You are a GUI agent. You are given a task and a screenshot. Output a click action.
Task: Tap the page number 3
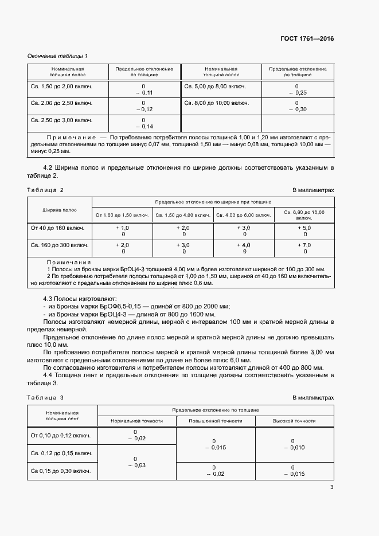click(x=331, y=487)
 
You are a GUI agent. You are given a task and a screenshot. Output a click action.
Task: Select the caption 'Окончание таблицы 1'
click(x=57, y=56)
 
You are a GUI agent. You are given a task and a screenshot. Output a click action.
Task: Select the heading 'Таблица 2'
click(x=45, y=190)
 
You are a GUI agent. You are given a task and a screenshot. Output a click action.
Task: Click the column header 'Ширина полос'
click(x=60, y=210)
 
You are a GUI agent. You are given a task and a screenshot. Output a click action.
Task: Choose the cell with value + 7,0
click(x=305, y=245)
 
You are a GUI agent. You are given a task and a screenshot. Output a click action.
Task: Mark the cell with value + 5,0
click(x=305, y=228)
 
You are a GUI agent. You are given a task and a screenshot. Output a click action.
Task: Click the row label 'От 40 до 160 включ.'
click(x=57, y=228)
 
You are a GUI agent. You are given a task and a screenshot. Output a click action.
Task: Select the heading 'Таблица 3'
click(x=45, y=398)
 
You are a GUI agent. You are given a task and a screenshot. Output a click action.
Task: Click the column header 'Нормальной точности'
click(x=136, y=421)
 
